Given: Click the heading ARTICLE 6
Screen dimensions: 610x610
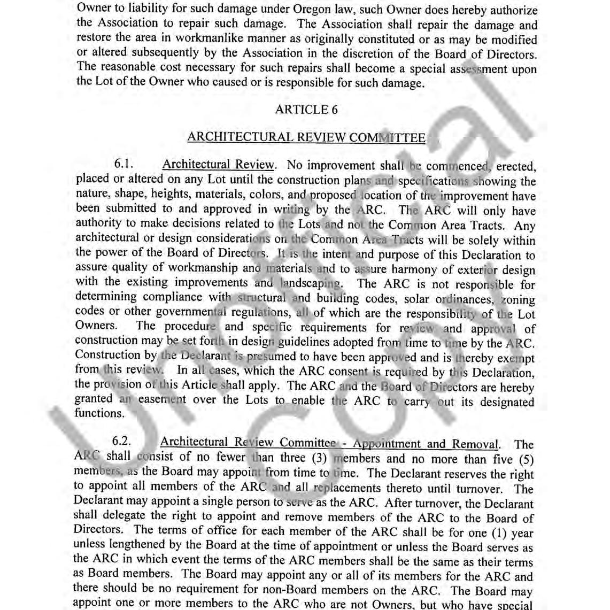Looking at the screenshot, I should pos(306,110).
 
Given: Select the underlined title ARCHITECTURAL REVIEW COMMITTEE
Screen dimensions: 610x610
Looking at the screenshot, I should pos(306,137).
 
